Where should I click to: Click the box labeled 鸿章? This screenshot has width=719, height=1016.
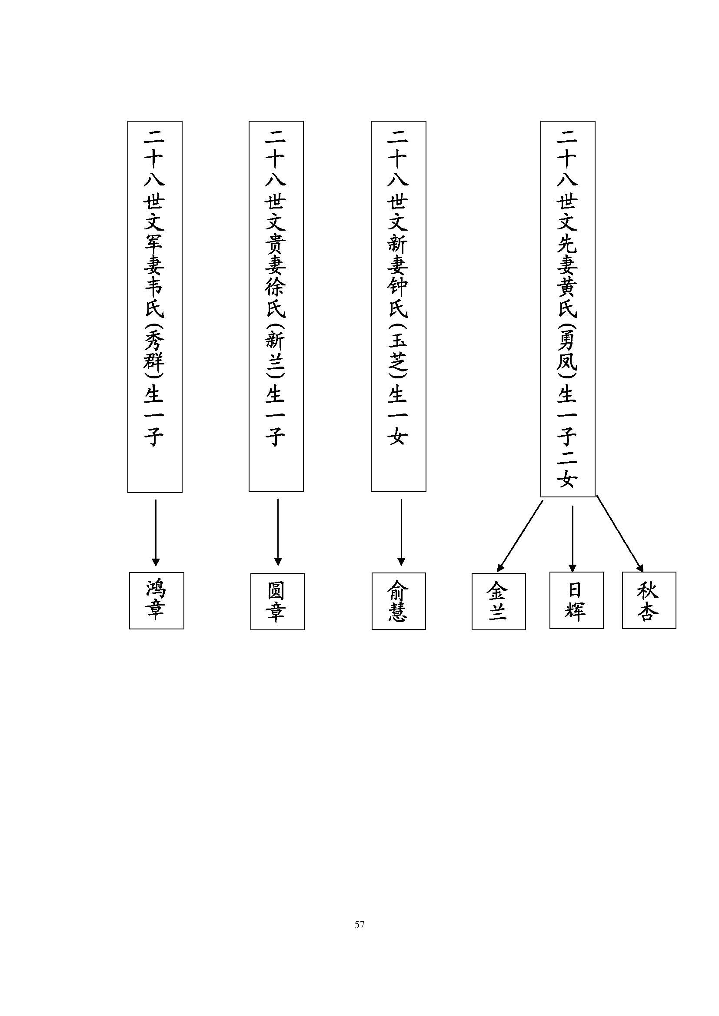pos(156,600)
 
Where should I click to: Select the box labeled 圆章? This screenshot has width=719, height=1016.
pos(277,601)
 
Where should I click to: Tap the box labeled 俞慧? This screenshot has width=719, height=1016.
pos(399,601)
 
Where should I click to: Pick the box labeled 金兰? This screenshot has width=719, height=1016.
pos(499,601)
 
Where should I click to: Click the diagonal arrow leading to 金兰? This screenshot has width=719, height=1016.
pos(521,536)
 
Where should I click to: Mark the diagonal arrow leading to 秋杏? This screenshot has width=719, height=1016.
pos(620,533)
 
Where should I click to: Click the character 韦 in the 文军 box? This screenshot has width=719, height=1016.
pos(154,286)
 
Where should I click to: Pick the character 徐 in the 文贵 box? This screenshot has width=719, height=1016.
pos(275,286)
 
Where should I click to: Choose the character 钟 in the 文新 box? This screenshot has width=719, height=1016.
pos(398,286)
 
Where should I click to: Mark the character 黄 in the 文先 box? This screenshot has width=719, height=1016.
pos(567,286)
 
